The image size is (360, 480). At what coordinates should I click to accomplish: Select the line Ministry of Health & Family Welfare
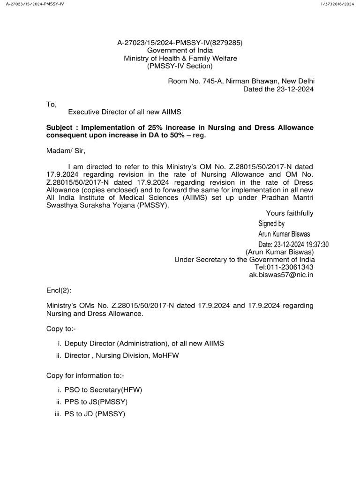180,58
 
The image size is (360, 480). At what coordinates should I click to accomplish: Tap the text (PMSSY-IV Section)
180,66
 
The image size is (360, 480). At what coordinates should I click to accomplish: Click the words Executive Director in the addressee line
96,112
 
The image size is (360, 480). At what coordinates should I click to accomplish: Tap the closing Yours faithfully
290,213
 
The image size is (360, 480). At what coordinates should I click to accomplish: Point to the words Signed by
271,224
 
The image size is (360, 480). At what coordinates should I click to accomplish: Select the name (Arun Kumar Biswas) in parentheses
279,252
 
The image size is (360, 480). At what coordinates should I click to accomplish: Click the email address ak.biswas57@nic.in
281,275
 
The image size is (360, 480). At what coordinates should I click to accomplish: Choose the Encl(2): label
59,291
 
